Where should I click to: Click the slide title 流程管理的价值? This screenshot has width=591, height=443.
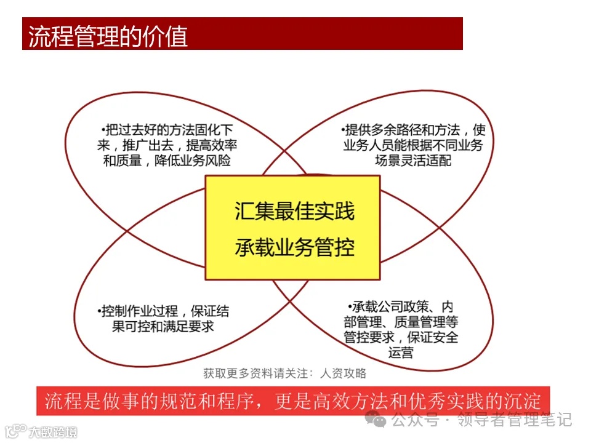click(x=108, y=36)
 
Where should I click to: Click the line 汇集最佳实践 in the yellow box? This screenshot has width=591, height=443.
click(x=294, y=211)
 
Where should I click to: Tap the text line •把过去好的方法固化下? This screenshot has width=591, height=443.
click(x=170, y=130)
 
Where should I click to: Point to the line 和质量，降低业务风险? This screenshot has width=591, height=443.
click(x=171, y=161)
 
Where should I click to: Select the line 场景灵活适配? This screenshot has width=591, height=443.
click(x=413, y=161)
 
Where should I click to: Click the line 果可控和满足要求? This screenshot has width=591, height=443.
click(x=163, y=326)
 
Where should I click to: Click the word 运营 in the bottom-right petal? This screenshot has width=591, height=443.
click(x=401, y=353)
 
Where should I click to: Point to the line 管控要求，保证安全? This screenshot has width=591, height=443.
click(x=401, y=337)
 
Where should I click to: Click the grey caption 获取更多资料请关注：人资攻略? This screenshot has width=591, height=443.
click(x=284, y=373)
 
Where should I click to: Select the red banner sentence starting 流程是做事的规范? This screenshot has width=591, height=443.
click(x=292, y=401)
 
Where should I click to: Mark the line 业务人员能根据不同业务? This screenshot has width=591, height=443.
click(x=413, y=146)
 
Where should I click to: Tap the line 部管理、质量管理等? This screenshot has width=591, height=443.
click(x=401, y=322)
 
